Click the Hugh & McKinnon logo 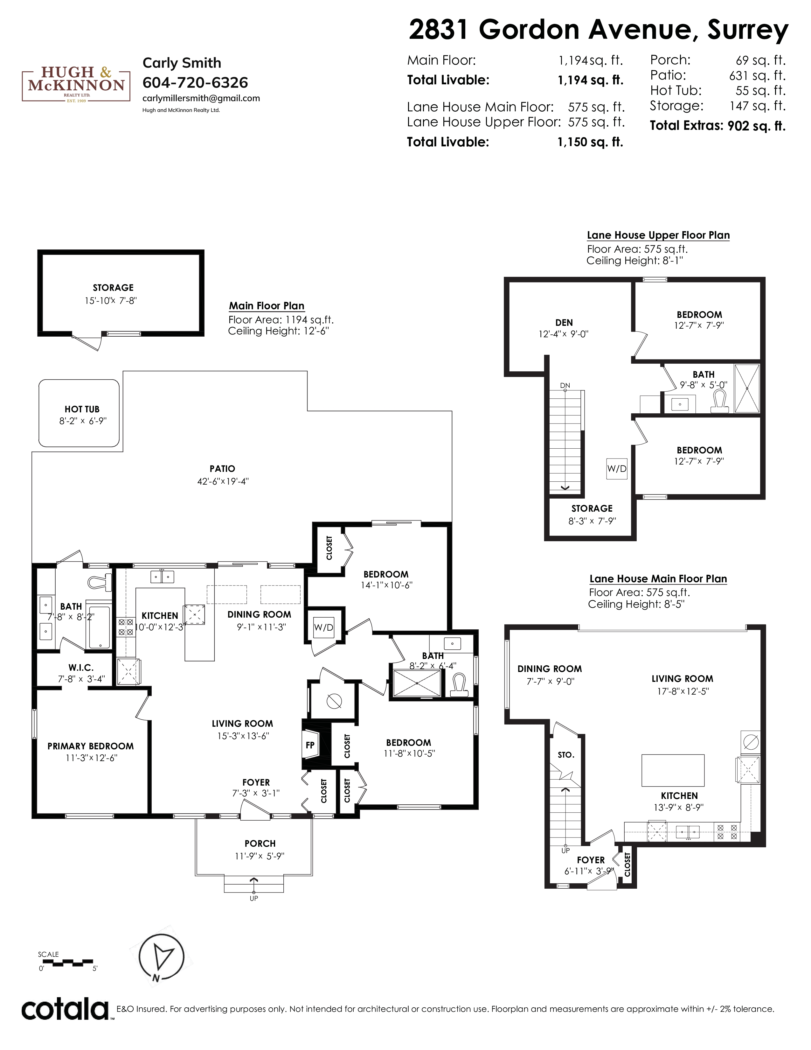(76, 85)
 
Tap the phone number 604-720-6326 (195, 83)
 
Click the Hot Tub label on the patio (82, 409)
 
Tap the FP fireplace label (310, 745)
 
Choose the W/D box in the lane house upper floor (617, 469)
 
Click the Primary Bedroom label (90, 746)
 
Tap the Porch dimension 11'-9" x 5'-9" (260, 856)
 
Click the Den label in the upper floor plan (564, 323)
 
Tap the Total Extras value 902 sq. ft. (757, 126)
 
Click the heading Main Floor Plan (267, 306)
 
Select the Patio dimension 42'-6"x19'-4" (223, 481)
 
